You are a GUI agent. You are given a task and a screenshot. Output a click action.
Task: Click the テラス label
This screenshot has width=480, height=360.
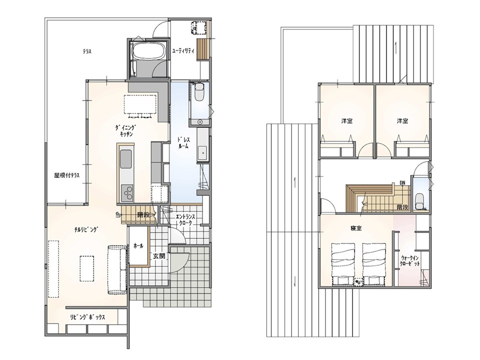[87, 51]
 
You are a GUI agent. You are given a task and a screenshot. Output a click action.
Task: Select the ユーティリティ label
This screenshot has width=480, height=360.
[183, 51]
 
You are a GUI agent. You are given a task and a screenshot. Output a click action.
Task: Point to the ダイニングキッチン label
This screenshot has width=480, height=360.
[126, 130]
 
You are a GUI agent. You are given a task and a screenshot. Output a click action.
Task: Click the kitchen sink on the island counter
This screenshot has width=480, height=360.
[126, 159]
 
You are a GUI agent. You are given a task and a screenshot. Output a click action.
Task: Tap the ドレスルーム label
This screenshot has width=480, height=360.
[183, 142]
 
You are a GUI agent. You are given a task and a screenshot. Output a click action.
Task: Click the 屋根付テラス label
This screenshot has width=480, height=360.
[66, 175]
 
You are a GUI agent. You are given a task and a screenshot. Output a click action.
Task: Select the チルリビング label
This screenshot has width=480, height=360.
[86, 229]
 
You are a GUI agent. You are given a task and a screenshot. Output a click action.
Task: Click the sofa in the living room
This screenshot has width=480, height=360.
[117, 269]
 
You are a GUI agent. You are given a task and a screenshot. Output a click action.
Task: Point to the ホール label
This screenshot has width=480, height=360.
[138, 246]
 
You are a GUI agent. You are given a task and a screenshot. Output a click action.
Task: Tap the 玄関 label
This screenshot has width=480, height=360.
[159, 255]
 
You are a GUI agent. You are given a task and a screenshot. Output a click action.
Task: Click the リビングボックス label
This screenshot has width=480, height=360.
[87, 317]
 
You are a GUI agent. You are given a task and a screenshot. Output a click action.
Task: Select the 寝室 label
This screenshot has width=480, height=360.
[356, 228]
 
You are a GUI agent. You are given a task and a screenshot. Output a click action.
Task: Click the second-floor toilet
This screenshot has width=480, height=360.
[419, 200]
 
